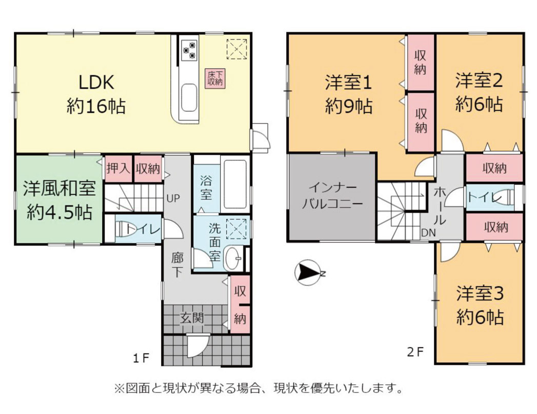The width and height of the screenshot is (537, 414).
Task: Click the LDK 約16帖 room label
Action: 96,94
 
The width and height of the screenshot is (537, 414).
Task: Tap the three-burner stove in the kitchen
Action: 189,50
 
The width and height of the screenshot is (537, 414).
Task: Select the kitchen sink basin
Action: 189,97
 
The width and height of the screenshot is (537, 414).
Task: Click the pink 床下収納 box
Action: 215,78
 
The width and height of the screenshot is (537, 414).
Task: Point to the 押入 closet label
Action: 118,169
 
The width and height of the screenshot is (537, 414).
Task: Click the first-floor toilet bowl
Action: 126,228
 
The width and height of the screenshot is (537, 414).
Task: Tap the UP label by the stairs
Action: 173,198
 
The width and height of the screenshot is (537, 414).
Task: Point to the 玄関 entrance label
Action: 192,318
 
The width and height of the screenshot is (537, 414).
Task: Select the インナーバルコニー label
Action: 332,196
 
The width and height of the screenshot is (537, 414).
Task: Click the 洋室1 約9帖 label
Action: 349,94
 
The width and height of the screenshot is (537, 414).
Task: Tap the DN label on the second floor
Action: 428,233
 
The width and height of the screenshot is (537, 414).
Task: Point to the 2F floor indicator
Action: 415,351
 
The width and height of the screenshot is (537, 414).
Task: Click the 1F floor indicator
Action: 141,358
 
